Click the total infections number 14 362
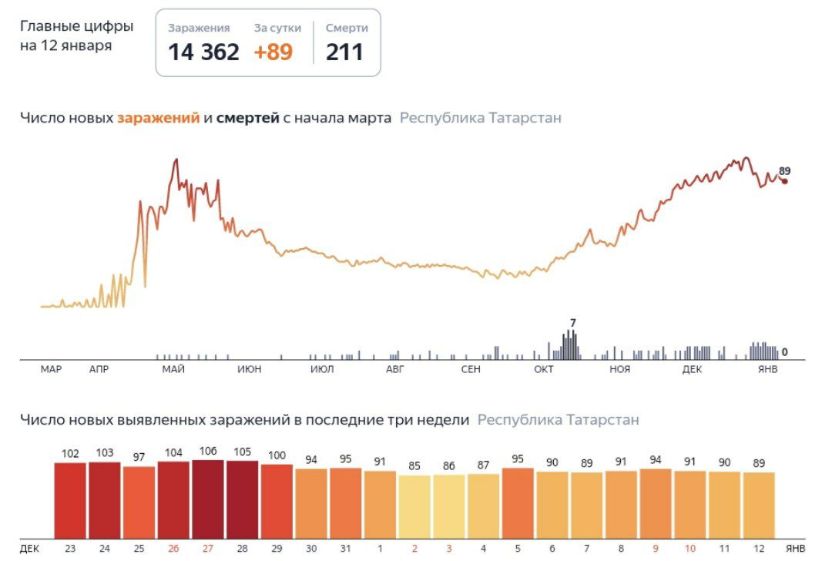click(x=203, y=52)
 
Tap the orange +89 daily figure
click(x=273, y=52)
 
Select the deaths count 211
click(x=344, y=52)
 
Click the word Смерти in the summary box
click(x=347, y=29)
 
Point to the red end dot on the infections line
click(x=785, y=182)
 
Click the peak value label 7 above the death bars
click(x=573, y=323)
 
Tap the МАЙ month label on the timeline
click(x=173, y=369)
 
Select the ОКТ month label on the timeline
click(x=544, y=369)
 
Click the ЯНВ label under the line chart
click(x=768, y=369)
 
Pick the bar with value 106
click(x=208, y=499)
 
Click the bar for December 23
click(x=70, y=500)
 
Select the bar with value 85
click(x=414, y=507)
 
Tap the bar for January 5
click(x=518, y=503)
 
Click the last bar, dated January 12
click(x=760, y=506)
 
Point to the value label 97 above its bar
click(x=139, y=458)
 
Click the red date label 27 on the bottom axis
click(x=208, y=549)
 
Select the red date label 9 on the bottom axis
click(x=656, y=549)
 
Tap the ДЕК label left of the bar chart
click(x=30, y=549)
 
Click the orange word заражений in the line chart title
click(x=159, y=118)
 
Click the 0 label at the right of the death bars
click(x=785, y=352)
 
